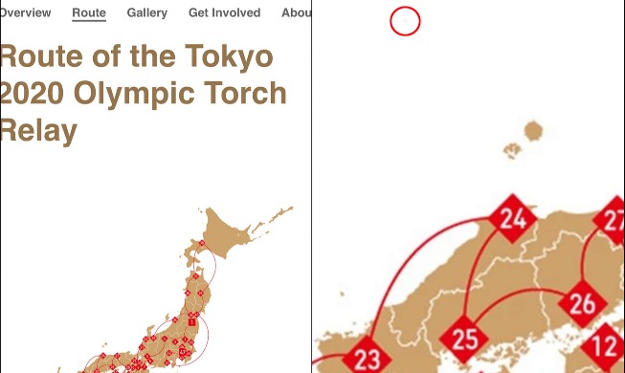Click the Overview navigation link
point(25,12)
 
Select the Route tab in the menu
point(89,12)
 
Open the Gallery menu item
point(146,12)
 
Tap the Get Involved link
point(224,12)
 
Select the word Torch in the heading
point(251,94)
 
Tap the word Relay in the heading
point(38,130)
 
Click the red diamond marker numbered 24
point(513,219)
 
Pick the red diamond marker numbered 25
point(464,338)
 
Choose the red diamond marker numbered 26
point(582,305)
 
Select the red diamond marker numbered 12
point(606,345)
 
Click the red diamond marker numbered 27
point(613,219)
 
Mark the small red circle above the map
point(406,21)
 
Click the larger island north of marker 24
point(532,132)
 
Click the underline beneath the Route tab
point(89,21)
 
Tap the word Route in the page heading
point(38,57)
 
